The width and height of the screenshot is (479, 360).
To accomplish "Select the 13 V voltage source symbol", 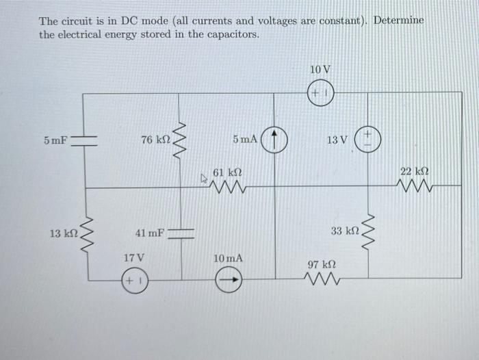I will (367, 140).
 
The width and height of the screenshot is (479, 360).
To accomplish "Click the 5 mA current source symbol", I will (276, 140).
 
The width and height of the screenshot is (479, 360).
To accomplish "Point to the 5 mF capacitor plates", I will (83, 140).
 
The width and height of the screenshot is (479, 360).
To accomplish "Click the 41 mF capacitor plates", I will (182, 233).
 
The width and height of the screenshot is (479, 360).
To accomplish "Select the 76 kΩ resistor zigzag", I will (182, 140).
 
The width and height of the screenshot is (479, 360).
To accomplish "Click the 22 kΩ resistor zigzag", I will (415, 187).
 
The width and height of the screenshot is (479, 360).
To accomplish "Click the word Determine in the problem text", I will (399, 21).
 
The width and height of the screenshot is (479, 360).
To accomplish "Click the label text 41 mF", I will (149, 233).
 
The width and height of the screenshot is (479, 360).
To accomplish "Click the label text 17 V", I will (133, 258).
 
